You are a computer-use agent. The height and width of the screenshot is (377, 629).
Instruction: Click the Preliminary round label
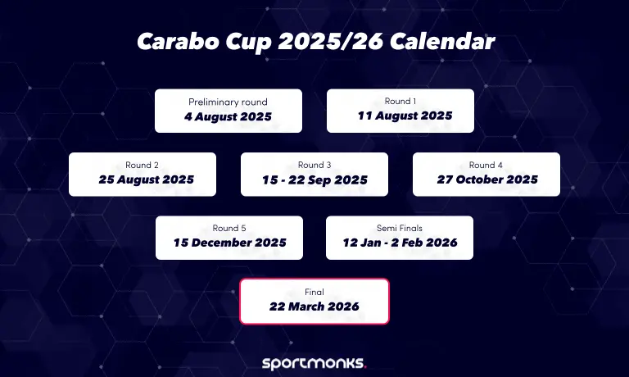coord(228,102)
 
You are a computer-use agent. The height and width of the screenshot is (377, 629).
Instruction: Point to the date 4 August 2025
coord(228,116)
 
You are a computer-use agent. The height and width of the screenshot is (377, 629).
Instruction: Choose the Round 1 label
coord(400,101)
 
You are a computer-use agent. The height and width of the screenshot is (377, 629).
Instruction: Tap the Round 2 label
coord(142,165)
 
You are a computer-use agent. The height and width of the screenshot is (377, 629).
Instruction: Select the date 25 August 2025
coord(143,179)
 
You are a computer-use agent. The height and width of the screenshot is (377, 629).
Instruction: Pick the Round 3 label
coord(314,165)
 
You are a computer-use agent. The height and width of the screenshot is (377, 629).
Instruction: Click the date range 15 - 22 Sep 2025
coord(315,180)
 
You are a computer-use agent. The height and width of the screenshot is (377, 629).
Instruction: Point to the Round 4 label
coord(486,165)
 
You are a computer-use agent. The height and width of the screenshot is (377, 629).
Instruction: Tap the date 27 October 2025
coord(486,179)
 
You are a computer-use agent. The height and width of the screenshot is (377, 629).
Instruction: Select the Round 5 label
coord(229,228)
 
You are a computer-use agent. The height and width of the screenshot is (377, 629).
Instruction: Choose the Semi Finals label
coord(399,228)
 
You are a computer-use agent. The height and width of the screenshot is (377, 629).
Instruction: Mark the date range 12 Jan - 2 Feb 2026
coord(400,243)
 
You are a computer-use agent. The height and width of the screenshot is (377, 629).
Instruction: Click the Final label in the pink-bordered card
coord(314,292)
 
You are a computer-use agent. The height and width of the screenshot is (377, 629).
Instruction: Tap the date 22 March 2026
coord(314,307)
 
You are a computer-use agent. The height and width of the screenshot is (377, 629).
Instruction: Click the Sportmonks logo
coord(314,362)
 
